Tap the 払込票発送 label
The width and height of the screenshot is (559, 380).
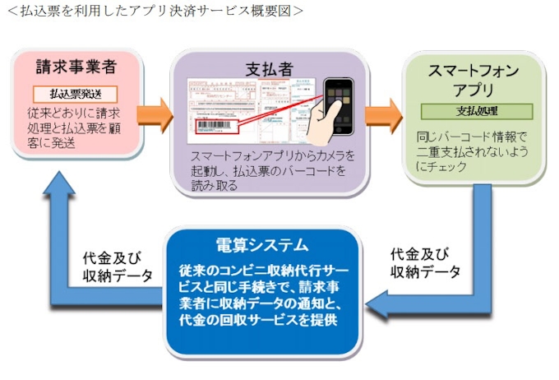(x=76, y=93)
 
